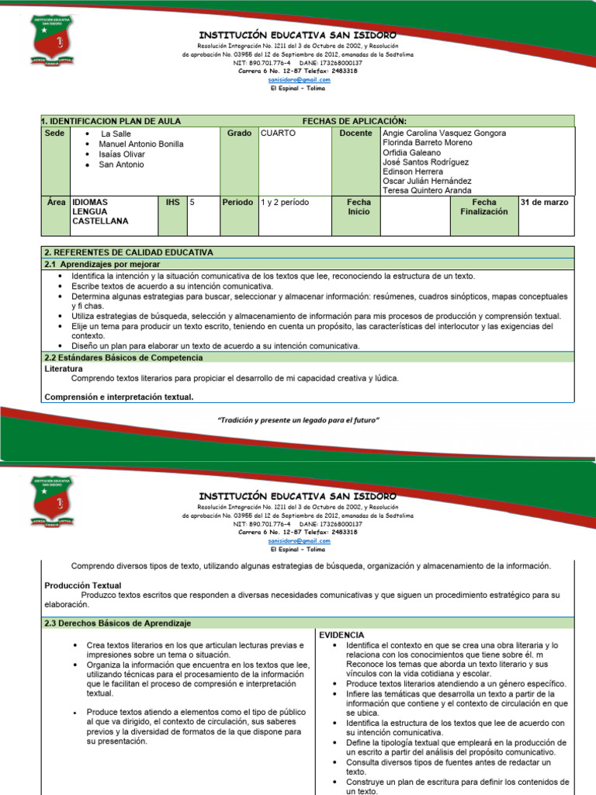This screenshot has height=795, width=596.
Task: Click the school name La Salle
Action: (x=116, y=134)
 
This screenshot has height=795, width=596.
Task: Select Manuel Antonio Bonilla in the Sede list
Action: (x=140, y=144)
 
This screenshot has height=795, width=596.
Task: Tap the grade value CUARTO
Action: (x=278, y=134)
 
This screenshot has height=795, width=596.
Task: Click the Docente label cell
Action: (x=356, y=134)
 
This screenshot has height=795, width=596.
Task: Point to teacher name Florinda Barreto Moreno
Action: (x=427, y=143)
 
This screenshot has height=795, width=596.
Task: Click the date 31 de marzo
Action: (x=544, y=202)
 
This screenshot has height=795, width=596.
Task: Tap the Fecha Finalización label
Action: (x=483, y=207)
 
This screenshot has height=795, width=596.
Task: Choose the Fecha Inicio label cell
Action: (x=359, y=207)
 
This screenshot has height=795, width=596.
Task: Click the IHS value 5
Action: (x=192, y=202)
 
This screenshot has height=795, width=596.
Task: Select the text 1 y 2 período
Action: (x=285, y=202)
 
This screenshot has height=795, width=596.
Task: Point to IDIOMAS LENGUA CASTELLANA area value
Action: (x=100, y=211)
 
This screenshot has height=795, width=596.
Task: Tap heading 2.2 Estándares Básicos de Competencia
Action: (x=123, y=358)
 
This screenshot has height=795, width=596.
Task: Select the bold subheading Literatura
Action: (x=64, y=369)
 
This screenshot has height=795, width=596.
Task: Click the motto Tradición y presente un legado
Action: (x=298, y=420)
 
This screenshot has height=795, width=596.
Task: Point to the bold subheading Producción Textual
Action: (x=83, y=585)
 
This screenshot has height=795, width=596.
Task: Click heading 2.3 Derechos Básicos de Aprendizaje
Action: (x=118, y=623)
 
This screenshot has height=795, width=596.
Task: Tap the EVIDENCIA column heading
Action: (x=341, y=635)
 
